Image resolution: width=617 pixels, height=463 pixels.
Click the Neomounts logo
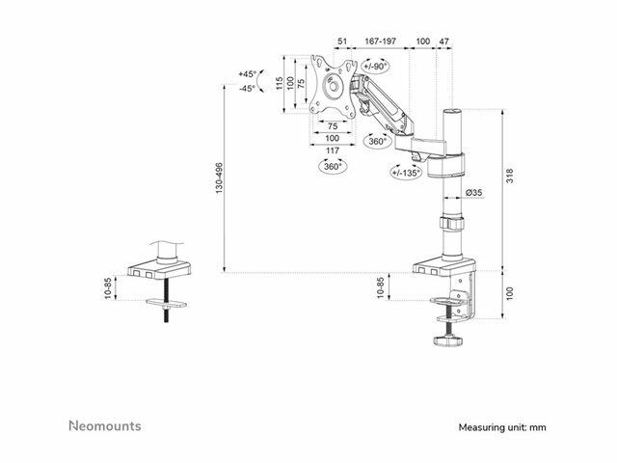coord(105,425)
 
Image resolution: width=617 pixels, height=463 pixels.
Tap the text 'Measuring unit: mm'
coord(502,427)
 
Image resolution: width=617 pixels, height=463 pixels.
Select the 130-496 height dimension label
coord(219,177)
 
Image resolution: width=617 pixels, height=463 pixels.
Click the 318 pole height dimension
coord(510,176)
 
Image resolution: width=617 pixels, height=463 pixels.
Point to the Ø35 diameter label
coord(473,193)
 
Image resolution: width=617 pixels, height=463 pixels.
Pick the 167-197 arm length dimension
coord(380,41)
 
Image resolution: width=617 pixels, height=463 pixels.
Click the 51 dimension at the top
coord(342,41)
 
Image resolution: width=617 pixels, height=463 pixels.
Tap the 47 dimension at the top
coord(443,41)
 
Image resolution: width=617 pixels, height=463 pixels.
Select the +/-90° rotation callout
coord(375,67)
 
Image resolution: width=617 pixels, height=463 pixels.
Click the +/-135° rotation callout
coord(406,172)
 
